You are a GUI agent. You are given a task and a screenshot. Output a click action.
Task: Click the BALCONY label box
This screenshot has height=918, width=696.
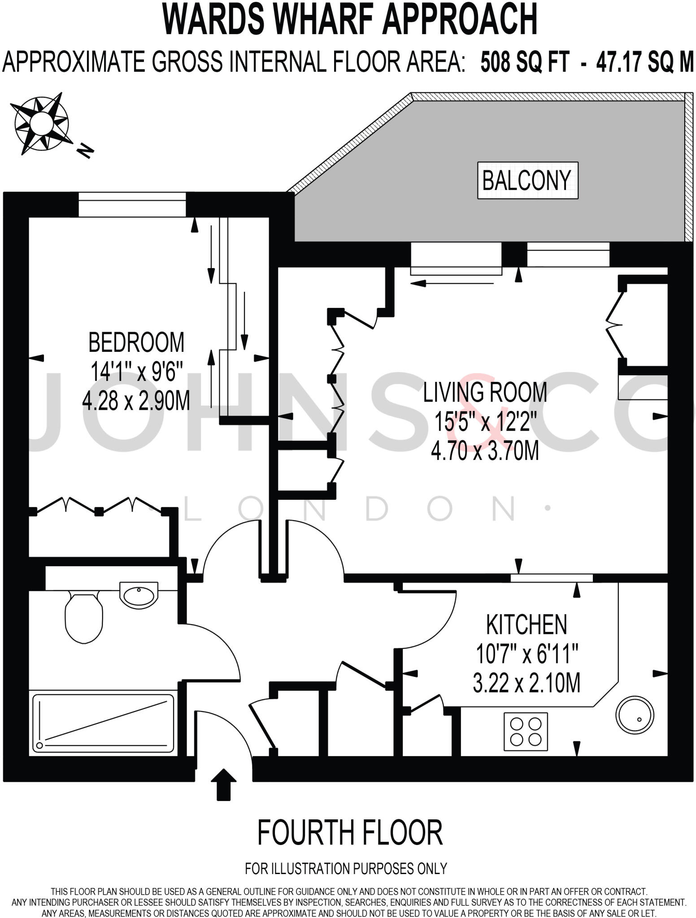(527, 180)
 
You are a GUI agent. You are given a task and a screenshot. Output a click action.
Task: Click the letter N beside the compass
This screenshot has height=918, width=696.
(85, 151)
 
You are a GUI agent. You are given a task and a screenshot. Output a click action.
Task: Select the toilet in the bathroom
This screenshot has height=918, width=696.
(84, 617)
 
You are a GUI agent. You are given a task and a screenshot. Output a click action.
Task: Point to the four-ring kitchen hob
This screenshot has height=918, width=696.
(526, 731)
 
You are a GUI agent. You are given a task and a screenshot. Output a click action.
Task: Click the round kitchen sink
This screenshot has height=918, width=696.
(635, 715)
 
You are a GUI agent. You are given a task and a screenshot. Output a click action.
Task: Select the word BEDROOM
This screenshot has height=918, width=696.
(136, 342)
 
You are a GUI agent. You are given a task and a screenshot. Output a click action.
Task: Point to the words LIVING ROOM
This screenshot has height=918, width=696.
(485, 392)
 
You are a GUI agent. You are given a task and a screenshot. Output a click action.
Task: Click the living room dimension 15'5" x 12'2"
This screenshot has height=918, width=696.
(485, 421)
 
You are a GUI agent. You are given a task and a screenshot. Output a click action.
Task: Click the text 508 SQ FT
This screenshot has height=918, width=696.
(525, 61)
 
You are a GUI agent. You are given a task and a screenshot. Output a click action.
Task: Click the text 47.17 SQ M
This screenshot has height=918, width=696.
(644, 61)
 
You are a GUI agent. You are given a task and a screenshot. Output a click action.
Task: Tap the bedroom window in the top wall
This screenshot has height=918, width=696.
(132, 204)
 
